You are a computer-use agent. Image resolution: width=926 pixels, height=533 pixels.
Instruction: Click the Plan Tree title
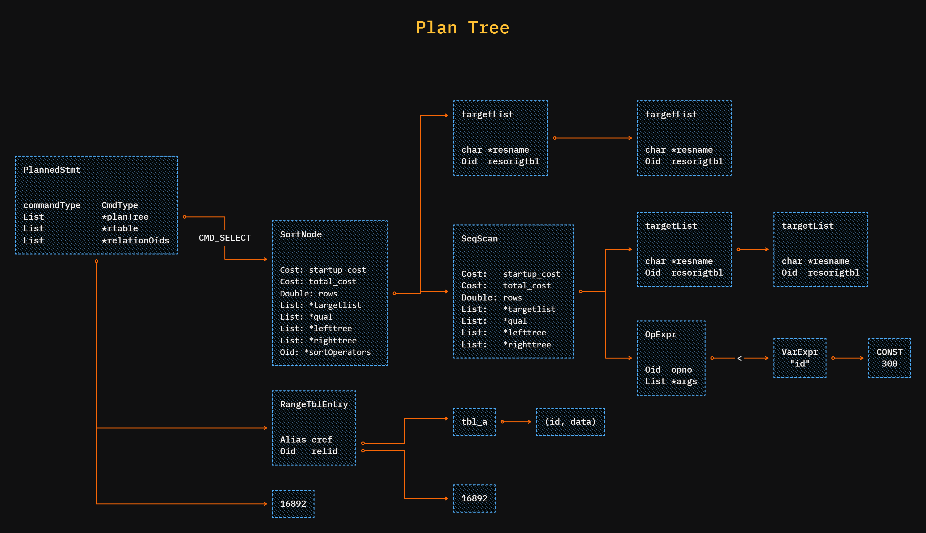[462, 28]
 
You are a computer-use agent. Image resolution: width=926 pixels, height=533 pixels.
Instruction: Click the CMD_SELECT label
[225, 238]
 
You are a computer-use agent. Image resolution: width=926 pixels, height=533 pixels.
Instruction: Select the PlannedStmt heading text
[52, 170]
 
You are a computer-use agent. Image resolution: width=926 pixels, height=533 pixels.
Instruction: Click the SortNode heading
[300, 234]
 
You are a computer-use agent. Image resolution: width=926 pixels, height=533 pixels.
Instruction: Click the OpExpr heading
[660, 335]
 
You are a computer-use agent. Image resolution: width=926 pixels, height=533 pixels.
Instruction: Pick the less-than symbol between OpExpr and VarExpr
[739, 358]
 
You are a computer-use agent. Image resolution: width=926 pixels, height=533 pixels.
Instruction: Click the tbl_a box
[474, 422]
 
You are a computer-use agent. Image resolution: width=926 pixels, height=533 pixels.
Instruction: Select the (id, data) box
[570, 422]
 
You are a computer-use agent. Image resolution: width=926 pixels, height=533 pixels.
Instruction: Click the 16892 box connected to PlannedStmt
[293, 504]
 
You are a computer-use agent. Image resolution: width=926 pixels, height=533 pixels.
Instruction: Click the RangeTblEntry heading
[314, 404]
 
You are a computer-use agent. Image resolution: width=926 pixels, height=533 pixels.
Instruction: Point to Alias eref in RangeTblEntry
[306, 439]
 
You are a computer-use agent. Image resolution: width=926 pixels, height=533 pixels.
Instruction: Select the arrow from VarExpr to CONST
[847, 358]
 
